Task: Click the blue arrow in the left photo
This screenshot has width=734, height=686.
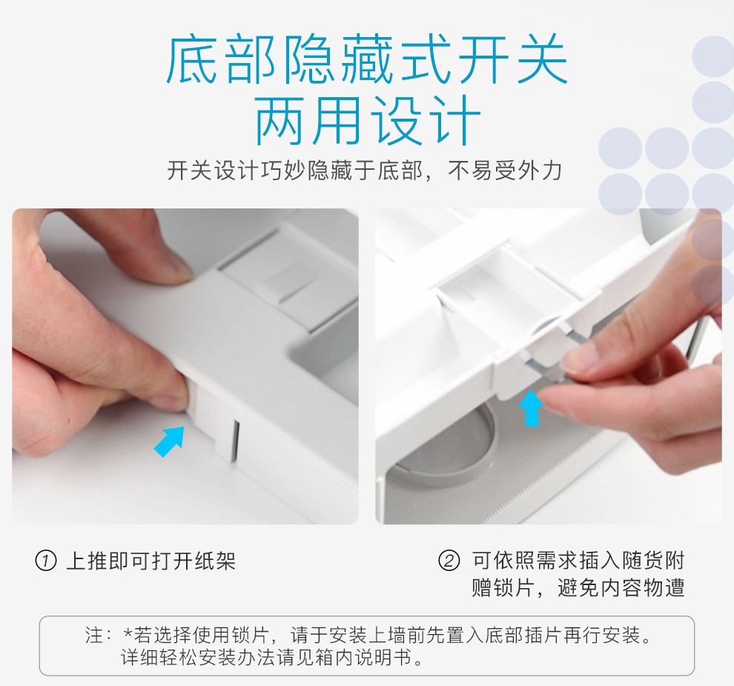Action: coord(170,441)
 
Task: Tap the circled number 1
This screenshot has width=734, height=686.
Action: coord(46,561)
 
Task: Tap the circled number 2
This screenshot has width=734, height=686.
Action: coord(449,561)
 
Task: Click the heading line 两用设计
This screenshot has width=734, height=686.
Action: coord(368,120)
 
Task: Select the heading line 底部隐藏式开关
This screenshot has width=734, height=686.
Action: coord(368,60)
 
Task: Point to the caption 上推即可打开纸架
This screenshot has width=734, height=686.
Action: coord(151,561)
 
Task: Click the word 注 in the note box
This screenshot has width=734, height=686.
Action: coord(93,636)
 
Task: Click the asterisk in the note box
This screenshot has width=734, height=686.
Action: coord(128,633)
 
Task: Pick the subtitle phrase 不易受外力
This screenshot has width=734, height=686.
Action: coord(505,171)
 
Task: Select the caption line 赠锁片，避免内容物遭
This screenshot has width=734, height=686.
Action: coord(578,587)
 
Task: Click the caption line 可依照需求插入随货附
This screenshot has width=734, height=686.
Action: coord(578,560)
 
